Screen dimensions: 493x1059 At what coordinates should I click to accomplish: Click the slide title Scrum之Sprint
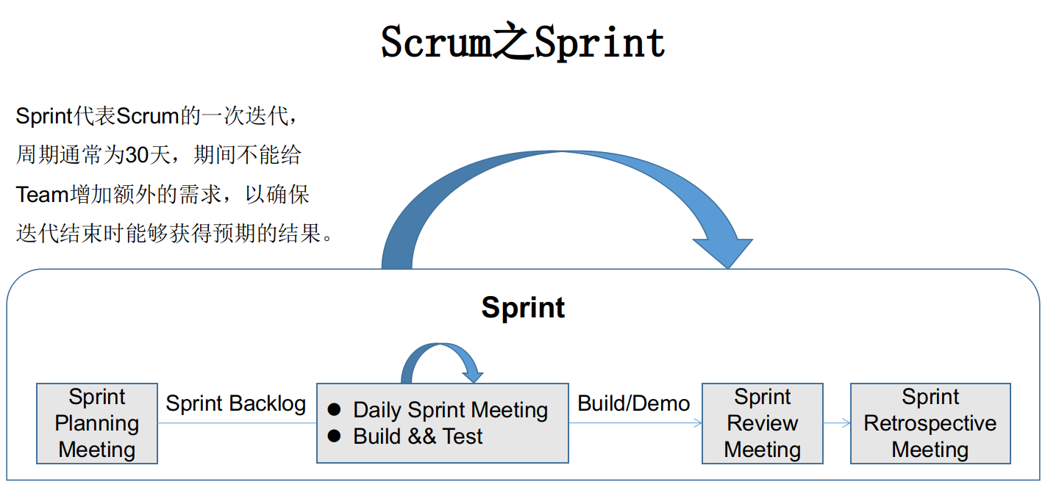click(523, 43)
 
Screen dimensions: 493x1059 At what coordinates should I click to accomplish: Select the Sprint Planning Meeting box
click(97, 423)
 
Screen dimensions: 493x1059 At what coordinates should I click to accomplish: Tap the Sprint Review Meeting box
click(762, 423)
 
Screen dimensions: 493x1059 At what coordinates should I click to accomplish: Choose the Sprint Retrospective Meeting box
click(930, 423)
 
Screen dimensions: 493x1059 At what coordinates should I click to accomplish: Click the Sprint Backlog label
click(235, 403)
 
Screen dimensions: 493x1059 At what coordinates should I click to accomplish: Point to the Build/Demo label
click(634, 403)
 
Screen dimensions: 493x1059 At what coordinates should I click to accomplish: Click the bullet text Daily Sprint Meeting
click(450, 410)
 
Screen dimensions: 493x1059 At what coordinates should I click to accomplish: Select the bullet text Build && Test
click(418, 436)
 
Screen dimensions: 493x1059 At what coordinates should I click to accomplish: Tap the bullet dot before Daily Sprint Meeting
click(334, 409)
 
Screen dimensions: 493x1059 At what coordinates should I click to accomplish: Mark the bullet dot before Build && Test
click(334, 436)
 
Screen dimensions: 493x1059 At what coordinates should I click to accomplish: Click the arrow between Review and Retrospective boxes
click(837, 423)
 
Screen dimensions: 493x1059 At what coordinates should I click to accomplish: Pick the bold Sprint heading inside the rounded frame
click(523, 307)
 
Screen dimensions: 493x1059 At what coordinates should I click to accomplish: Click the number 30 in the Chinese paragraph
click(138, 156)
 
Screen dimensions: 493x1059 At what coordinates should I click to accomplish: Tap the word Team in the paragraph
click(42, 195)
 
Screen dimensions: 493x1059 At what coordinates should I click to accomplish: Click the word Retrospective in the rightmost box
click(930, 423)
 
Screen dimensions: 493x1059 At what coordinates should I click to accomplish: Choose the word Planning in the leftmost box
click(97, 423)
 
